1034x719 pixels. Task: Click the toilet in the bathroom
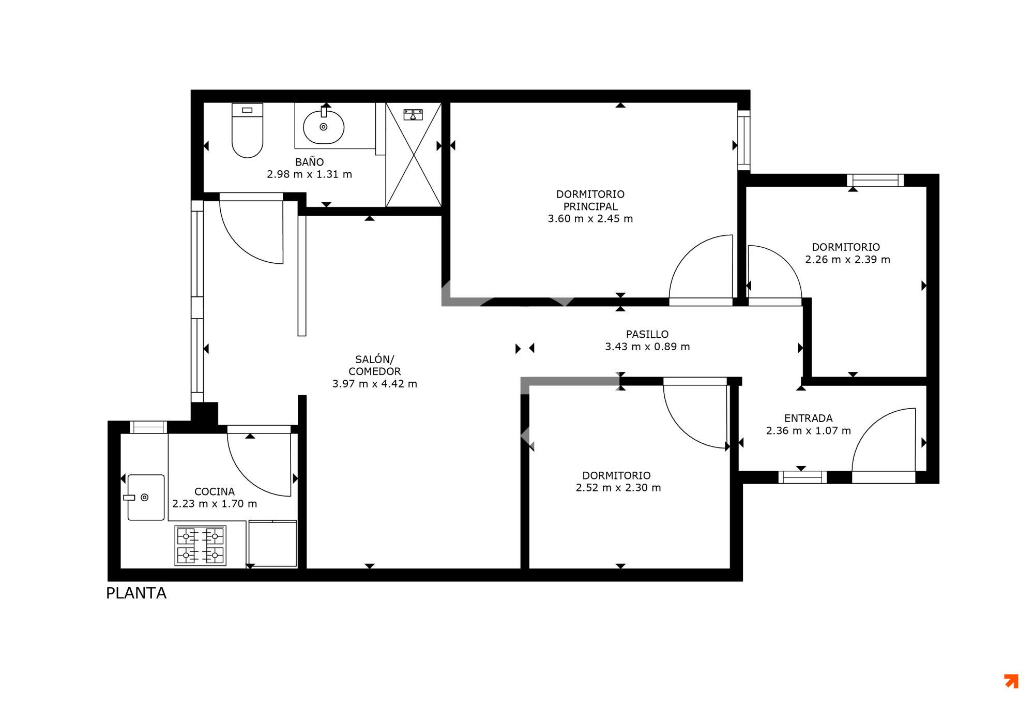[247, 130]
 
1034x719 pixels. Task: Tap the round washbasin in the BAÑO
[324, 127]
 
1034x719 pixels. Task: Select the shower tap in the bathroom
[413, 114]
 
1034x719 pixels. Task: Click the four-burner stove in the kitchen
[201, 545]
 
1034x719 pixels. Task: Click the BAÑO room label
[310, 162]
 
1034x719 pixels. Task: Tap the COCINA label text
[215, 491]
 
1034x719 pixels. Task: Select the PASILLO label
[647, 334]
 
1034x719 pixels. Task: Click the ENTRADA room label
[809, 418]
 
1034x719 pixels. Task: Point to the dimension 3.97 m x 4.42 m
[375, 384]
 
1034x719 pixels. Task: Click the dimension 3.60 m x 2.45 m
[590, 218]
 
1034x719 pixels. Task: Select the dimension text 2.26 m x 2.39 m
[848, 260]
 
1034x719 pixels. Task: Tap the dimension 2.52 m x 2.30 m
[618, 487]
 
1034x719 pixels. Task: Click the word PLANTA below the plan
[136, 593]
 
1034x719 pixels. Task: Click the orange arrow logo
[1011, 681]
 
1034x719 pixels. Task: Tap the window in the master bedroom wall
[744, 140]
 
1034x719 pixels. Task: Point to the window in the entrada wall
[802, 477]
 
